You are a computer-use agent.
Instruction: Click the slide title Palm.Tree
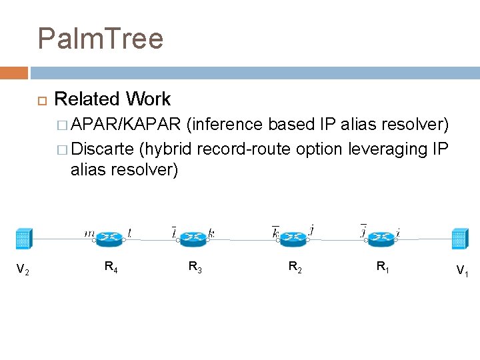[101, 39]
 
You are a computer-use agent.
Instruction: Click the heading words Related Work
[112, 99]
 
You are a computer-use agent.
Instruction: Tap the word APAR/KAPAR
[126, 124]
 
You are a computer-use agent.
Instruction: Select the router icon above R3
[194, 236]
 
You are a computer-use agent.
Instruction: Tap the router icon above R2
[293, 236]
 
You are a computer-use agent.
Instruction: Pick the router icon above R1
[381, 236]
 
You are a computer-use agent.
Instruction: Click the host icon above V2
[23, 239]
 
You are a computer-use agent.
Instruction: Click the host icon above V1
[459, 239]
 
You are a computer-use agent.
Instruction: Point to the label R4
[111, 267]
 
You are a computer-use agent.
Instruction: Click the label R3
[195, 267]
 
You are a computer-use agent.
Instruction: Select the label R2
[294, 267]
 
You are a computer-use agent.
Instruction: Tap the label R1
[383, 267]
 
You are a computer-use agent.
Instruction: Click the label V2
[22, 270]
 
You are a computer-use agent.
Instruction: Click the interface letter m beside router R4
[89, 233]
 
